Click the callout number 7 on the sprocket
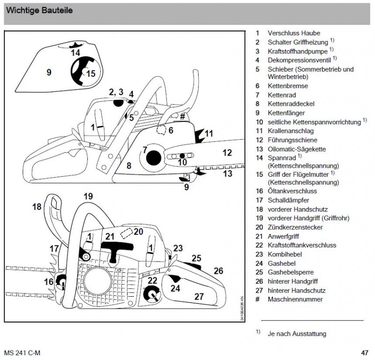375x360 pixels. [145, 150]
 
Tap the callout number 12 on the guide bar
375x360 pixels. [227, 152]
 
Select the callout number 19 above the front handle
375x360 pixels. [89, 196]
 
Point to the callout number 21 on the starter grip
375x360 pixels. [110, 236]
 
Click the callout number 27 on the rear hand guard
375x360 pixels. [199, 296]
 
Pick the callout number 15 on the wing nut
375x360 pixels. [91, 73]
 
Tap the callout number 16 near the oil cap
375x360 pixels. [49, 281]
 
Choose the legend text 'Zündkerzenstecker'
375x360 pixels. [294, 227]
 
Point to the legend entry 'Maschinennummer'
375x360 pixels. [295, 299]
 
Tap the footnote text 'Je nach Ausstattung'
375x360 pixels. [296, 334]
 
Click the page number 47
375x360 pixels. [364, 352]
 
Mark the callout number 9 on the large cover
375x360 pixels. [49, 72]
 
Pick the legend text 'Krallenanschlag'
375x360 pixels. [290, 131]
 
